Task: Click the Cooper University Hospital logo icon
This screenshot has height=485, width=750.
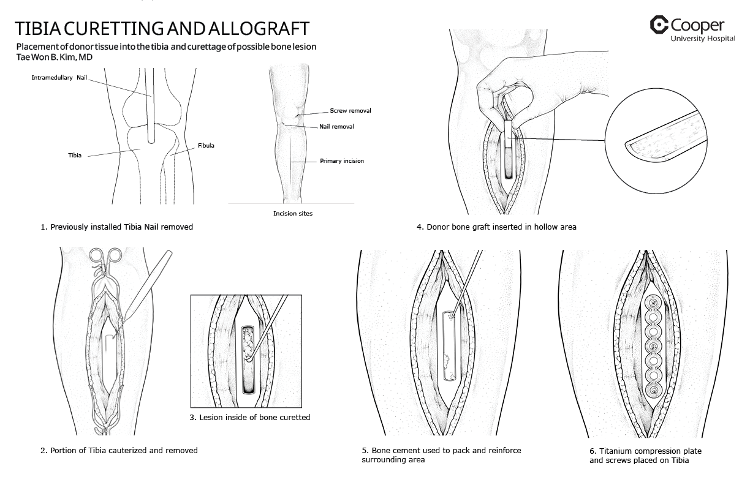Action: coord(659,25)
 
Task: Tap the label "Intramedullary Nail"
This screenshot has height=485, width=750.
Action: coord(60,78)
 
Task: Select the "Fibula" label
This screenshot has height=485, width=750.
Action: coord(206,146)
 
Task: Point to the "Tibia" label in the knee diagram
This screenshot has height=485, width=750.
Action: coord(75,156)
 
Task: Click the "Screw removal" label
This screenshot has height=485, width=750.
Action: coord(350,111)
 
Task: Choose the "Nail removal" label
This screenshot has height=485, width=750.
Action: coord(336,127)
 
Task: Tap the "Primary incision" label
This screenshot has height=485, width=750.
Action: coord(341,161)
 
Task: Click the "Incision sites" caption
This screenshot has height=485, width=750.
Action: coord(292,214)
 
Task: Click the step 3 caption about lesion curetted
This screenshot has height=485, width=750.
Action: coord(250,418)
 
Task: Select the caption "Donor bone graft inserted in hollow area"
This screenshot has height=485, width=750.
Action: coord(496,227)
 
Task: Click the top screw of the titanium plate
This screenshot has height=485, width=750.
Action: coord(653,302)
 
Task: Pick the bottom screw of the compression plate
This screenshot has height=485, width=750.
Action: coord(654,391)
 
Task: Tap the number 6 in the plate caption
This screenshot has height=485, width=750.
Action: coord(592,451)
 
